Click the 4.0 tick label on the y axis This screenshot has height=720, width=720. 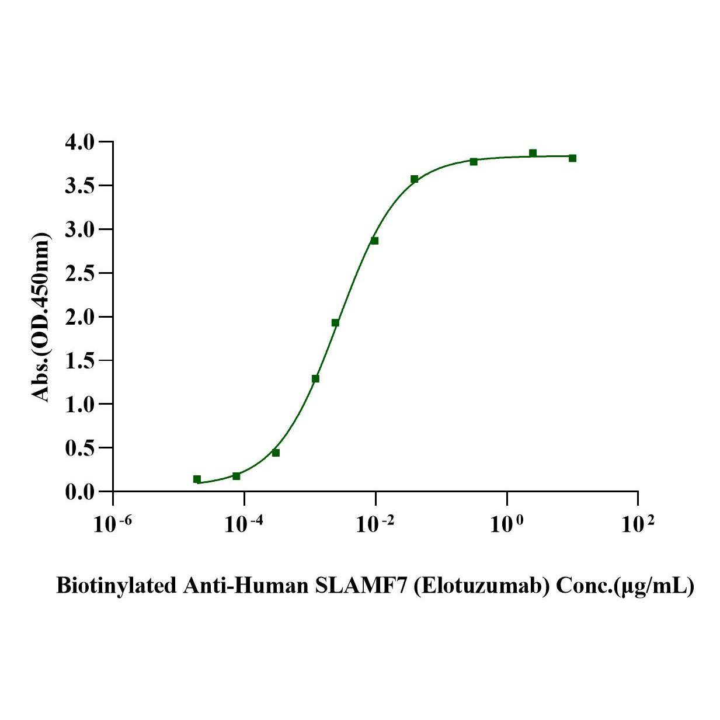pyautogui.click(x=79, y=142)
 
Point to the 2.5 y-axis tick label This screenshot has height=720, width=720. pyautogui.click(x=79, y=273)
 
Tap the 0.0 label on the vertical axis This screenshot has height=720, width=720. pyautogui.click(x=79, y=492)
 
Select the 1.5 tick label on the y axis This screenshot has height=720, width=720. pyautogui.click(x=79, y=361)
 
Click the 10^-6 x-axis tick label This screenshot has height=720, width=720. pyautogui.click(x=113, y=524)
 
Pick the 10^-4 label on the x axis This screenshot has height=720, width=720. pyautogui.click(x=244, y=524)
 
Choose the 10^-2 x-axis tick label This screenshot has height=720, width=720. pyautogui.click(x=375, y=524)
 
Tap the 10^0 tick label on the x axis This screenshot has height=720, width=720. pyautogui.click(x=506, y=524)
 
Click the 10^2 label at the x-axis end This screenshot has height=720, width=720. pyautogui.click(x=638, y=524)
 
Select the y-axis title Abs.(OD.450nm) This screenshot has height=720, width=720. pyautogui.click(x=41, y=316)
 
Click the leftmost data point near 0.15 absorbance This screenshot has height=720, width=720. pyautogui.click(x=197, y=479)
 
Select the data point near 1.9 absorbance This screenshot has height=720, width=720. pyautogui.click(x=335, y=323)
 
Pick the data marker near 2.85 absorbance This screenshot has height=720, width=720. pyautogui.click(x=374, y=241)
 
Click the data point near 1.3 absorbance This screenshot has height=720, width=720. pyautogui.click(x=315, y=378)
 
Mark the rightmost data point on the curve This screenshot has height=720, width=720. pyautogui.click(x=572, y=158)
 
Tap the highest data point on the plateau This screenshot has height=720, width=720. pyautogui.click(x=533, y=153)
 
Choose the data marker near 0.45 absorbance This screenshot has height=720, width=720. pyautogui.click(x=276, y=453)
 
